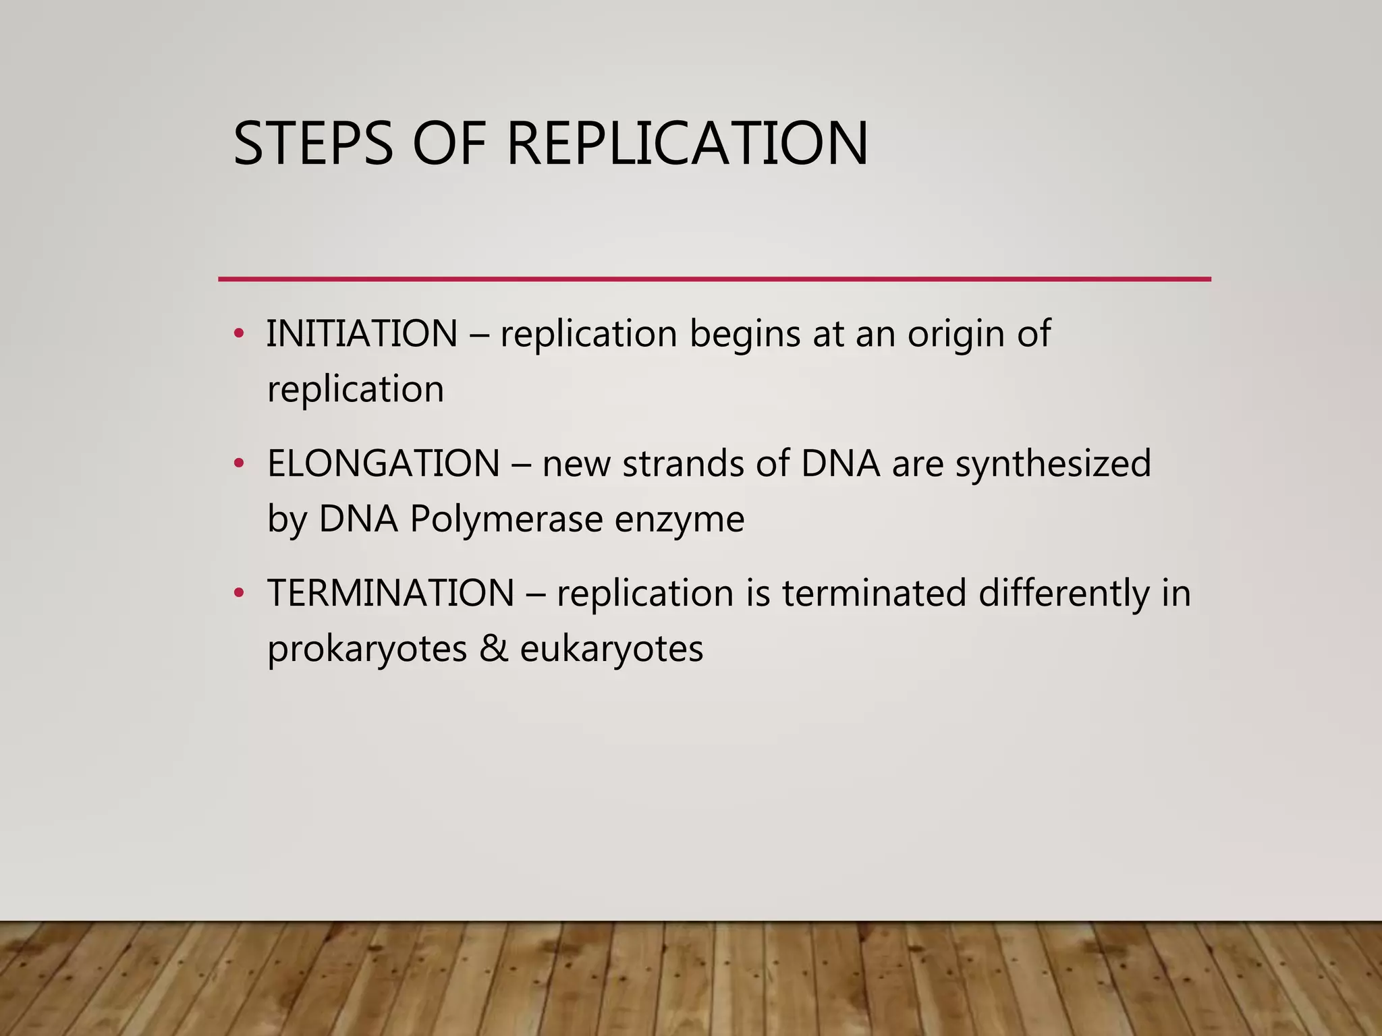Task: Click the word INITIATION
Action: [362, 334]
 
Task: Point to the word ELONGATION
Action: [383, 464]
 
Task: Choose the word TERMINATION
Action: [391, 594]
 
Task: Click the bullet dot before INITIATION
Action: [238, 333]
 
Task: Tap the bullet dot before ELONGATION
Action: [238, 463]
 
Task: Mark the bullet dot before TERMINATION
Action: [238, 593]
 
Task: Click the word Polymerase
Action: [506, 520]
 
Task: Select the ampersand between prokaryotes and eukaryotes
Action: [493, 649]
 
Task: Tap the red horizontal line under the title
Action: [714, 279]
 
